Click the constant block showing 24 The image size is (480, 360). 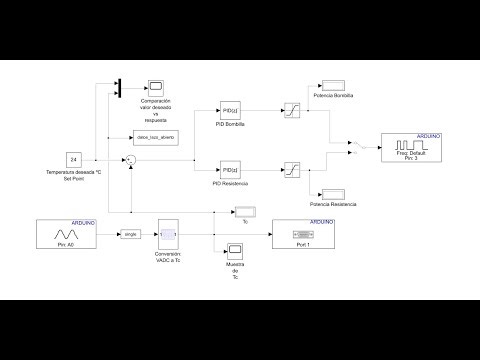(x=73, y=160)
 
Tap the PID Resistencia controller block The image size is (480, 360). (x=230, y=169)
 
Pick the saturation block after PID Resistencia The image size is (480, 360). (x=292, y=169)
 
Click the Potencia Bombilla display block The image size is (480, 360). (x=330, y=82)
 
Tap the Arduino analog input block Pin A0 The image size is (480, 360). (x=66, y=234)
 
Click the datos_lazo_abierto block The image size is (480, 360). (x=155, y=137)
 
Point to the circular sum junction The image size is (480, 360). (x=128, y=159)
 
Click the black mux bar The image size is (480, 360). (x=119, y=87)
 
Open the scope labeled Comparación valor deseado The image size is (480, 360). (x=155, y=87)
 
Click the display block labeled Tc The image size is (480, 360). (x=246, y=211)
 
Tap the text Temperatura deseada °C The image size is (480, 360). (x=71, y=174)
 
